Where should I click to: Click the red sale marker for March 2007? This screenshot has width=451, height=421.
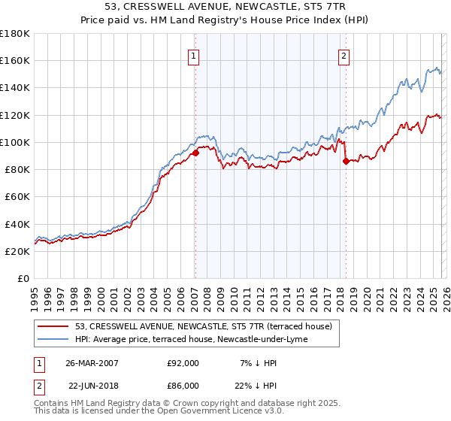click(195, 153)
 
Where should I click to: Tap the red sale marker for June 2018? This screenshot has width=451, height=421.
click(345, 161)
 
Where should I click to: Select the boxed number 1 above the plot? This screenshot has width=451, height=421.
click(194, 55)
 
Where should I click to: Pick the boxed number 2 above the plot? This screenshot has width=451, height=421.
click(344, 55)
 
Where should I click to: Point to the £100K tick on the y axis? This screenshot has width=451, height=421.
click(15, 142)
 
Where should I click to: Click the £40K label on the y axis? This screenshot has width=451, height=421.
click(17, 224)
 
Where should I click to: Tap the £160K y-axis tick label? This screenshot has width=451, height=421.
click(15, 60)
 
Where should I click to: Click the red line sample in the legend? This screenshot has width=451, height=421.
click(53, 326)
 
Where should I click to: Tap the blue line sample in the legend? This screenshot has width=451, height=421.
click(53, 339)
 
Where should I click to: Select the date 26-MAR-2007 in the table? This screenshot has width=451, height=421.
click(93, 363)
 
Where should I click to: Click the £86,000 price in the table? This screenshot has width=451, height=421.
click(183, 385)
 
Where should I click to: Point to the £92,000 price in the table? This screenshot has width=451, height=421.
click(183, 363)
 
